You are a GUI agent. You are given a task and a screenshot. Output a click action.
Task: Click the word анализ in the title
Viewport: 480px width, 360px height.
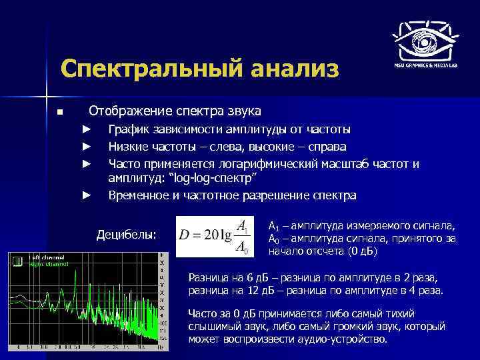click(291, 69)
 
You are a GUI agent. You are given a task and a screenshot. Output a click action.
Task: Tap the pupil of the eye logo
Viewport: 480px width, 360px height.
click(425, 41)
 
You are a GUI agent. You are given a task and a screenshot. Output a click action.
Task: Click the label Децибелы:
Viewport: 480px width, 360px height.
click(127, 235)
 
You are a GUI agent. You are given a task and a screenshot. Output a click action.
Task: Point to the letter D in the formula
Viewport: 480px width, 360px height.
click(183, 236)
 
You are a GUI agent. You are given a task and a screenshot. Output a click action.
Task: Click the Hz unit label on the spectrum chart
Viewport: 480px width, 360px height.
click(160, 348)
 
